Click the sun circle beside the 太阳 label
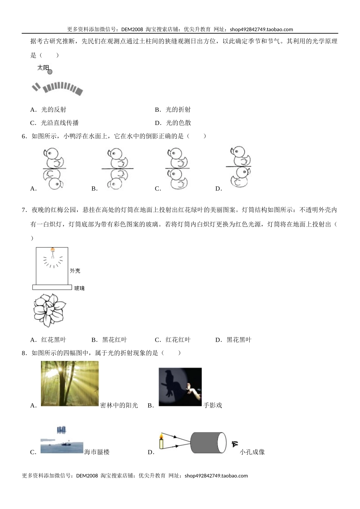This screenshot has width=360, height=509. pos(50,72)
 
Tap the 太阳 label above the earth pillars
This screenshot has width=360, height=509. pos(43,68)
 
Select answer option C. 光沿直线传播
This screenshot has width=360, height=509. pos(55,123)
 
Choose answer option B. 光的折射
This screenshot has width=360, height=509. pos(173,109)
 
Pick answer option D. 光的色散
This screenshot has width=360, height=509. pos(173,123)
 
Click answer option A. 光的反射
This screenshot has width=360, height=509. pos(48,109)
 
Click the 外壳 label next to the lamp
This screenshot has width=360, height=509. pos(75,271)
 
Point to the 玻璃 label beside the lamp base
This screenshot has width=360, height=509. pos(79,288)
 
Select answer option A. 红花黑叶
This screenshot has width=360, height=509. pos(48,340)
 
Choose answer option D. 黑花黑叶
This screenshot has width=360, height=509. pos(233,340)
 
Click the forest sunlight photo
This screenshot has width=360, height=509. pos(70,383)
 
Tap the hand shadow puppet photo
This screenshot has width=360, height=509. pos(180,387)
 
